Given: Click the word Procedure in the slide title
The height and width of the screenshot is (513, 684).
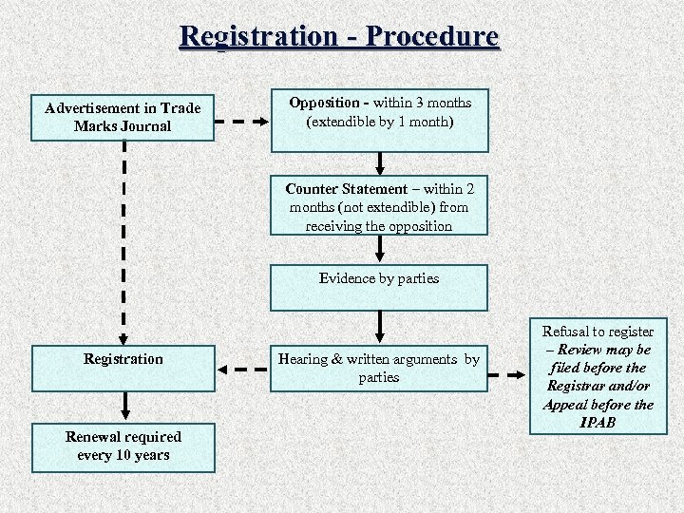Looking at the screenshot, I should [431, 36].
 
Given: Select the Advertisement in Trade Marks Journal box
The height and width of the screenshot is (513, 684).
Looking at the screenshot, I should [123, 117].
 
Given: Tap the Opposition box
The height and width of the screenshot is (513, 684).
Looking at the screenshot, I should [380, 121].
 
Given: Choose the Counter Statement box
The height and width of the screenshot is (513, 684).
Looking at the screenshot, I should [379, 206].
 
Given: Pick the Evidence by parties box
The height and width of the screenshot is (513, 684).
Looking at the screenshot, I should [379, 287].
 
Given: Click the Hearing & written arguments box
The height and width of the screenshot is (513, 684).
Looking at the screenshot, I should [379, 368].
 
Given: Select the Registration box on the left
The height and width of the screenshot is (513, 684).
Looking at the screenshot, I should [123, 368].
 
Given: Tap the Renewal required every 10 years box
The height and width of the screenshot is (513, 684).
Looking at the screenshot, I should [123, 446].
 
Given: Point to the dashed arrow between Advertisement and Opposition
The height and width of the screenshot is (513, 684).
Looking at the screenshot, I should [243, 122].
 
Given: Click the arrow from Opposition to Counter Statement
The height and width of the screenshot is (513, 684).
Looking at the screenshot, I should [380, 162].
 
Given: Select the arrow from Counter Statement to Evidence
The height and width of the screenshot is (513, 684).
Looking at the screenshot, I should [380, 248].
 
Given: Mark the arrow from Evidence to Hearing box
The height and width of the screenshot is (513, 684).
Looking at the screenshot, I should [380, 326].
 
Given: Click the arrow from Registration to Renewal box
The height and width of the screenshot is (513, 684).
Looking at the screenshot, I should [123, 406].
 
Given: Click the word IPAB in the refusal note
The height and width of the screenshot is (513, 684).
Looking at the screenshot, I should [598, 422].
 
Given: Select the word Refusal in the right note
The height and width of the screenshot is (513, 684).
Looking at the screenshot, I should [567, 332].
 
